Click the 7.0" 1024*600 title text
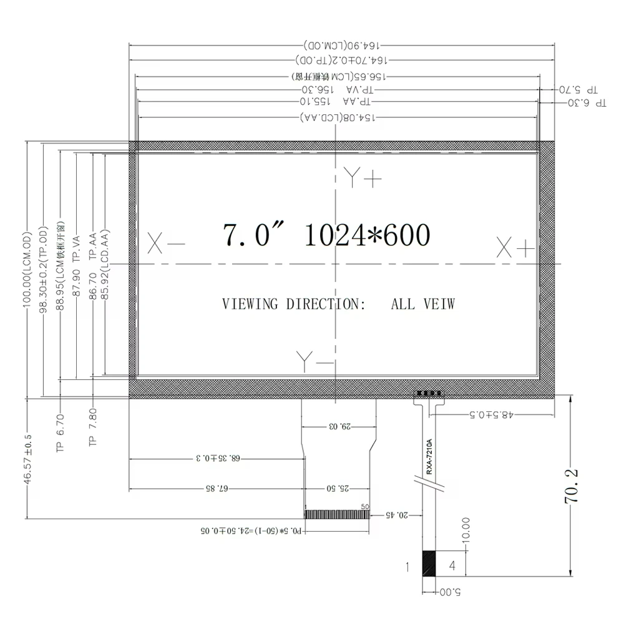(326, 235)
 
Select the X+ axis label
(515, 248)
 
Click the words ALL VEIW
(423, 304)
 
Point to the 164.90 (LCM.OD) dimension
(342, 46)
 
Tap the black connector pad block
(429, 564)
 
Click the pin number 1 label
(407, 567)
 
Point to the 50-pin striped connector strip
(337, 514)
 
